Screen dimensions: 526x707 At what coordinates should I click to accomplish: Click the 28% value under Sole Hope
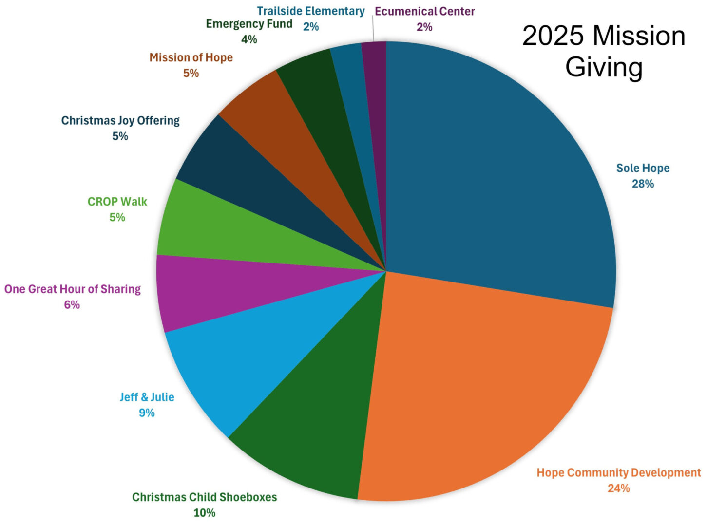pos(643,184)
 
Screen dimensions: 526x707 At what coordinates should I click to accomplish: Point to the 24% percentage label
pos(618,488)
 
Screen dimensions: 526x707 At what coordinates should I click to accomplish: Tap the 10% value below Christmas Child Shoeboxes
pos(204,512)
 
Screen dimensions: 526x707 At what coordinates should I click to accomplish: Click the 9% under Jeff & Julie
pos(147,413)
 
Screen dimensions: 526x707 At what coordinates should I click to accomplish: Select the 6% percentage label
pos(72,304)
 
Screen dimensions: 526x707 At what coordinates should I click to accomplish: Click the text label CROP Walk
pos(117,202)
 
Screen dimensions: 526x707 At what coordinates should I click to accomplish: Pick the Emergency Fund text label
pos(249,24)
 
